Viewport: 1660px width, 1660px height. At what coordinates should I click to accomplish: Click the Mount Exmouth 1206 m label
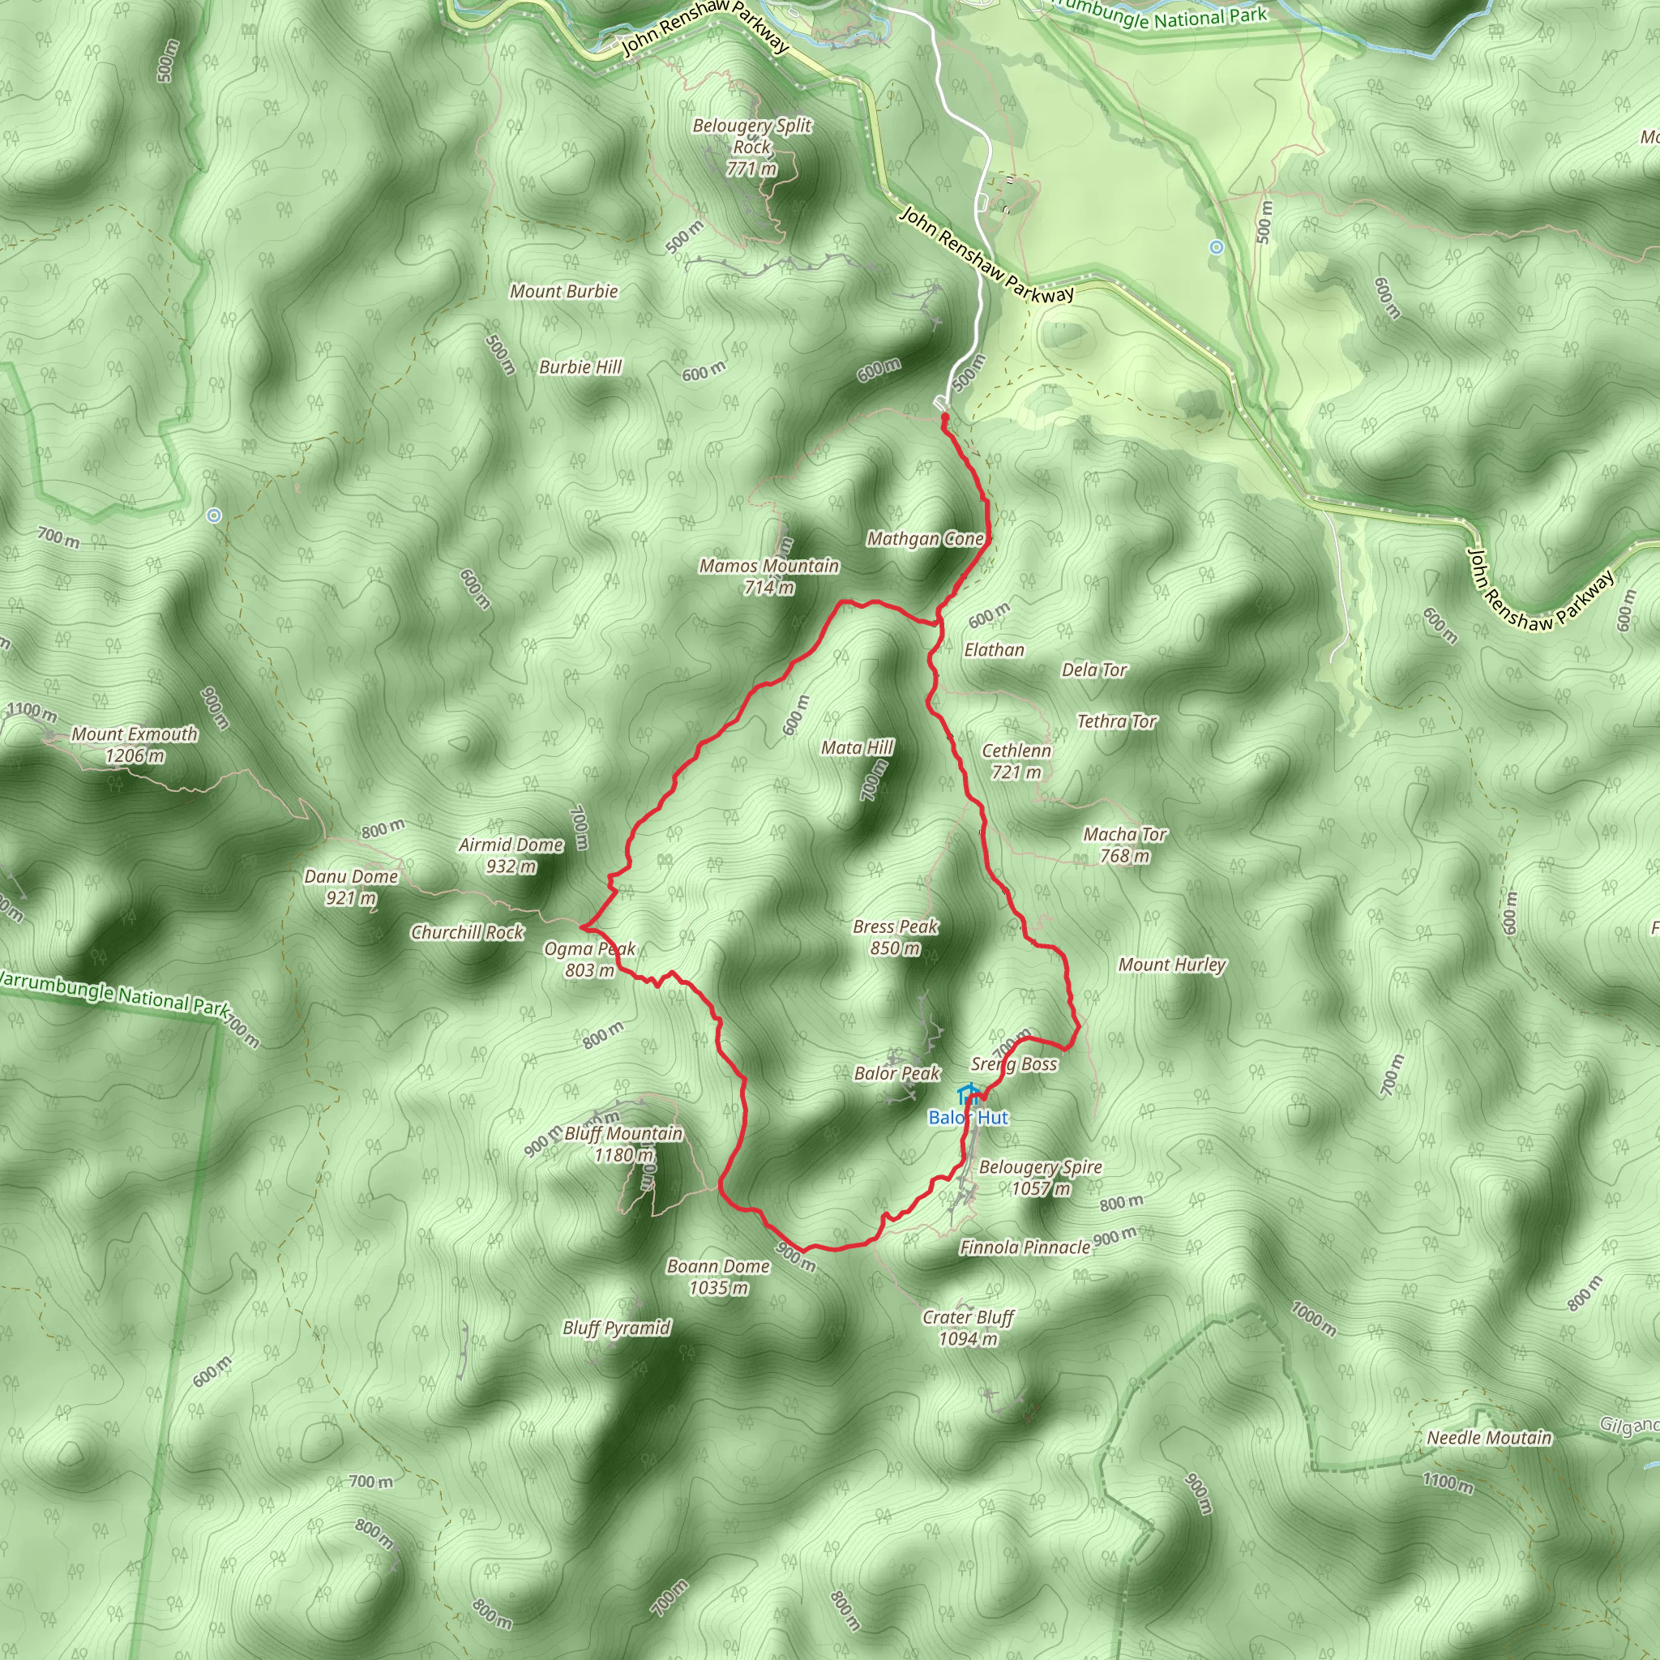[x=134, y=745]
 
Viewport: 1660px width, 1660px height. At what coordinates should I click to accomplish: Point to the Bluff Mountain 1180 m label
[x=624, y=1144]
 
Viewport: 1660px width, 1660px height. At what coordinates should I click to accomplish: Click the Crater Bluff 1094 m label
[x=969, y=1328]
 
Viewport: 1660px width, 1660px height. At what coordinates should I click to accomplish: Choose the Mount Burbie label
[x=563, y=291]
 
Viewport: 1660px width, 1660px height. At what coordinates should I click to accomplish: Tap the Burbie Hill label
[x=580, y=367]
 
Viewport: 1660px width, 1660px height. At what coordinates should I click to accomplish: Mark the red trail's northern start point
[x=944, y=417]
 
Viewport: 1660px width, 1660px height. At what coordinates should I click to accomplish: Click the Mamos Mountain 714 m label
[x=769, y=575]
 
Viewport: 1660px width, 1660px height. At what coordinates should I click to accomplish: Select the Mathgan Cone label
[x=925, y=539]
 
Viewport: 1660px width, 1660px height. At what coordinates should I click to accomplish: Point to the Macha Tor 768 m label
[x=1125, y=845]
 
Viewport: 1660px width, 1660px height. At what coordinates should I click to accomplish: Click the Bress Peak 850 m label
[x=896, y=936]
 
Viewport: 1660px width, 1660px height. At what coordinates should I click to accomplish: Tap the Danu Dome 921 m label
[x=352, y=887]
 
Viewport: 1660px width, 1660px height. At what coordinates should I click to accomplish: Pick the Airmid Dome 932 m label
[x=511, y=855]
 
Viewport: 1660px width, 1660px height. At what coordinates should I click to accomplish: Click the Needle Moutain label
[x=1489, y=1437]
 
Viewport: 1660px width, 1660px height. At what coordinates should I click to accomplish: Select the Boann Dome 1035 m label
[x=718, y=1276]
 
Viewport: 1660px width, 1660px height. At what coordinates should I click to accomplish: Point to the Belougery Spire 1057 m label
[x=1041, y=1177]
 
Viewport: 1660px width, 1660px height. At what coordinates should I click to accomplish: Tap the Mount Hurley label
[x=1172, y=965]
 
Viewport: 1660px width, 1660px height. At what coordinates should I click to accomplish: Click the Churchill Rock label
[x=468, y=932]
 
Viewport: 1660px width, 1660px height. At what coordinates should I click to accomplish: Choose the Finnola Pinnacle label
[x=1025, y=1247]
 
